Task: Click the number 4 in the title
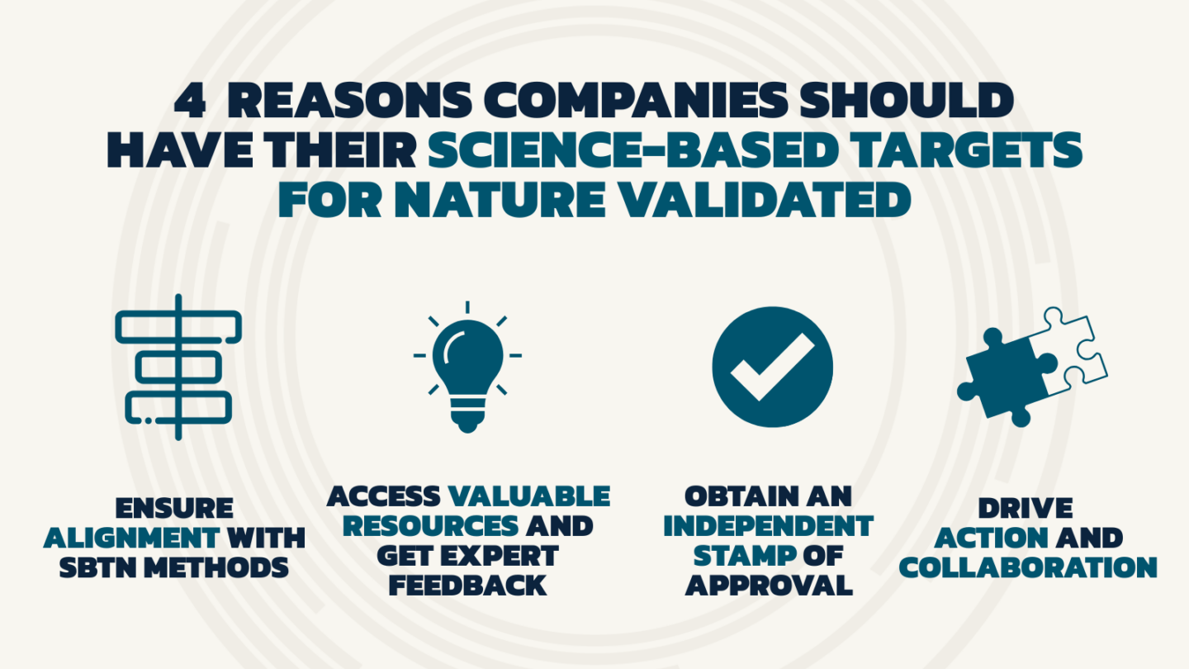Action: [x=190, y=102]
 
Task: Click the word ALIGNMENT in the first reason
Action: [x=132, y=538]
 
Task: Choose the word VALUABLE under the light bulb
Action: [x=528, y=496]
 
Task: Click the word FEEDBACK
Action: [x=467, y=585]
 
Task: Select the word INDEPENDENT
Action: [x=768, y=526]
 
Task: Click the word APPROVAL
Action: [x=768, y=585]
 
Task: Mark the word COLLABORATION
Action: [x=1028, y=567]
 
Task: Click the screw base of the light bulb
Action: [x=467, y=412]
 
